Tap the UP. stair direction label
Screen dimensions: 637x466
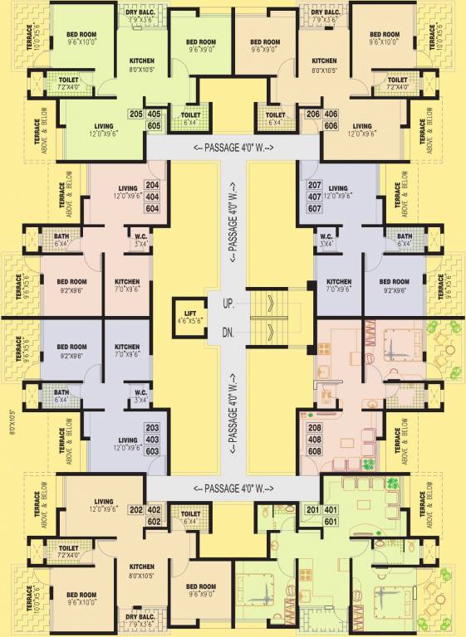pos(228,304)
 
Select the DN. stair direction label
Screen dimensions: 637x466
pos(228,333)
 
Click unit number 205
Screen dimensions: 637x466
pos(134,114)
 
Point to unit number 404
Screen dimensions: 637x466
pos(152,197)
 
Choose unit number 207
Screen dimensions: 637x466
pos(314,185)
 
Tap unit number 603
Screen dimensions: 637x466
pos(152,451)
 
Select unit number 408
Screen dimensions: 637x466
pos(314,440)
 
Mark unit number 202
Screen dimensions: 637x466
pos(134,510)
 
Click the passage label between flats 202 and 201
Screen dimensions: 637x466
pos(233,488)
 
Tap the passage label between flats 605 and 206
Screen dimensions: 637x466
pos(233,148)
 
